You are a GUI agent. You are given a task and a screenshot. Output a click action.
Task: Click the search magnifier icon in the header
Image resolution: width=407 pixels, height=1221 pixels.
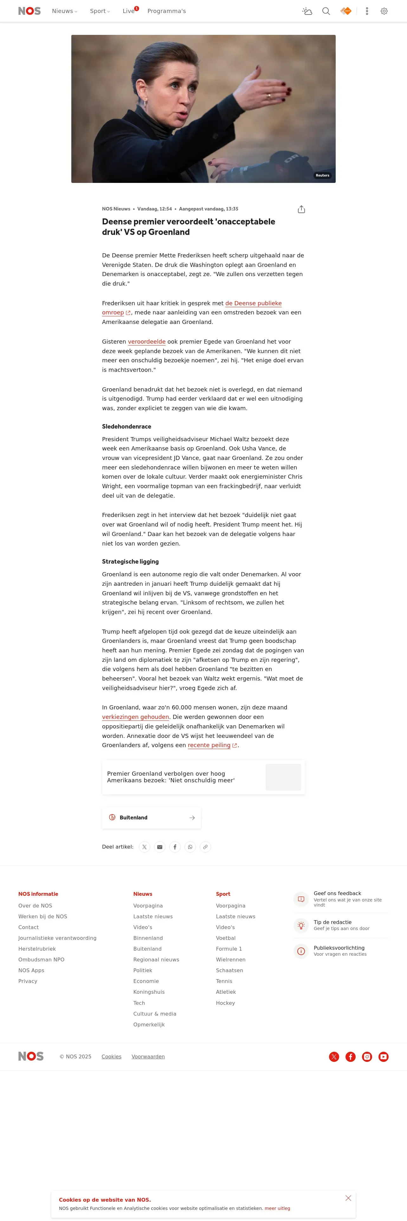326,11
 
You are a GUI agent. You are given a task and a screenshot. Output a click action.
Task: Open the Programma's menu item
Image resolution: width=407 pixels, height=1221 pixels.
166,11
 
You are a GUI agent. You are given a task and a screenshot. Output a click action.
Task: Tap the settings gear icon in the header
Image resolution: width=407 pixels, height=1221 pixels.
384,11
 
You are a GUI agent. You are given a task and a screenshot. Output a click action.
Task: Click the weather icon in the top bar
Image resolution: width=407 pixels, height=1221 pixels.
307,11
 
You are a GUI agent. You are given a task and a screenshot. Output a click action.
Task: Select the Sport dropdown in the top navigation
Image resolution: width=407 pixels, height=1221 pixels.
100,11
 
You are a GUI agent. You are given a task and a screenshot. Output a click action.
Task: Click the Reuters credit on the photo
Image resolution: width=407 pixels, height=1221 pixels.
322,175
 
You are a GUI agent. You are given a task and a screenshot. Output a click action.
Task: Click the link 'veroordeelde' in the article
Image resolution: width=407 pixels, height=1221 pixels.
146,342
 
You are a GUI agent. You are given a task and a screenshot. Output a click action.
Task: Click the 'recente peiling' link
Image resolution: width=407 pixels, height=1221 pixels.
209,745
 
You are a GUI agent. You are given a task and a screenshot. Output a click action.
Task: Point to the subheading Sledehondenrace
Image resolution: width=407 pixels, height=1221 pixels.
126,427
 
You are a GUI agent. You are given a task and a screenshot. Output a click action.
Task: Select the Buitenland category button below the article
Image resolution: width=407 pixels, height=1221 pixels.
151,817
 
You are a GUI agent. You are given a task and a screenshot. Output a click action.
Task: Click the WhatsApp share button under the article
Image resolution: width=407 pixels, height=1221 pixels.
190,847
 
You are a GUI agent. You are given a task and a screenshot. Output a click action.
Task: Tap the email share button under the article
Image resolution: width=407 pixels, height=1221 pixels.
160,847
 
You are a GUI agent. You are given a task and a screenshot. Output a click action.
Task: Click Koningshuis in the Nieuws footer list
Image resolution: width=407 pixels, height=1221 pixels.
149,992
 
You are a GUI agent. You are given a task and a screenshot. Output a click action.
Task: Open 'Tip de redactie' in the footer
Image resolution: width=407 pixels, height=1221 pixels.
332,922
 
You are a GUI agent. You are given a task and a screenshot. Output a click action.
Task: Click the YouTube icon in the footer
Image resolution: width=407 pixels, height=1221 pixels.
383,1056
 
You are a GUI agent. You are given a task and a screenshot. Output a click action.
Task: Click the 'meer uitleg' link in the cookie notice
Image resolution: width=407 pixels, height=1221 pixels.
277,1208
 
